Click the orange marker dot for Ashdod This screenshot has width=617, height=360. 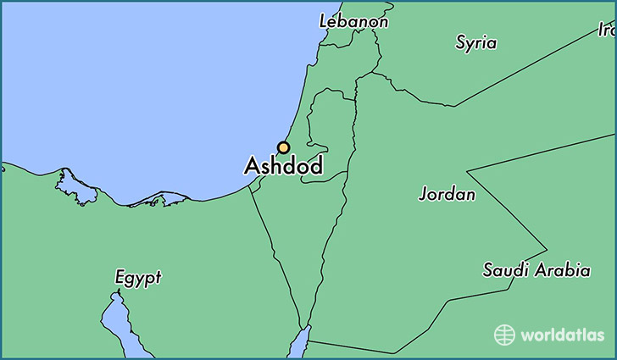click(x=283, y=147)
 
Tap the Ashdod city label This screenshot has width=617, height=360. click(x=283, y=167)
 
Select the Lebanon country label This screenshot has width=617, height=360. click(x=353, y=21)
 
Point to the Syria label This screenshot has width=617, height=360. click(x=475, y=42)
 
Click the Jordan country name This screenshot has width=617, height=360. click(x=447, y=194)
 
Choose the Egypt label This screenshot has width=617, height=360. click(x=138, y=278)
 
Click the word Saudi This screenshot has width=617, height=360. click(x=506, y=271)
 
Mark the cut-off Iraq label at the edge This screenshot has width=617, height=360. click(x=606, y=30)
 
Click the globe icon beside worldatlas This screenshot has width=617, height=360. click(x=504, y=335)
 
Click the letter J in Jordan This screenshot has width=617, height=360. click(x=423, y=195)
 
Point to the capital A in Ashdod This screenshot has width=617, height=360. click(x=252, y=167)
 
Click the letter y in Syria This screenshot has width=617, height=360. click(x=470, y=45)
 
